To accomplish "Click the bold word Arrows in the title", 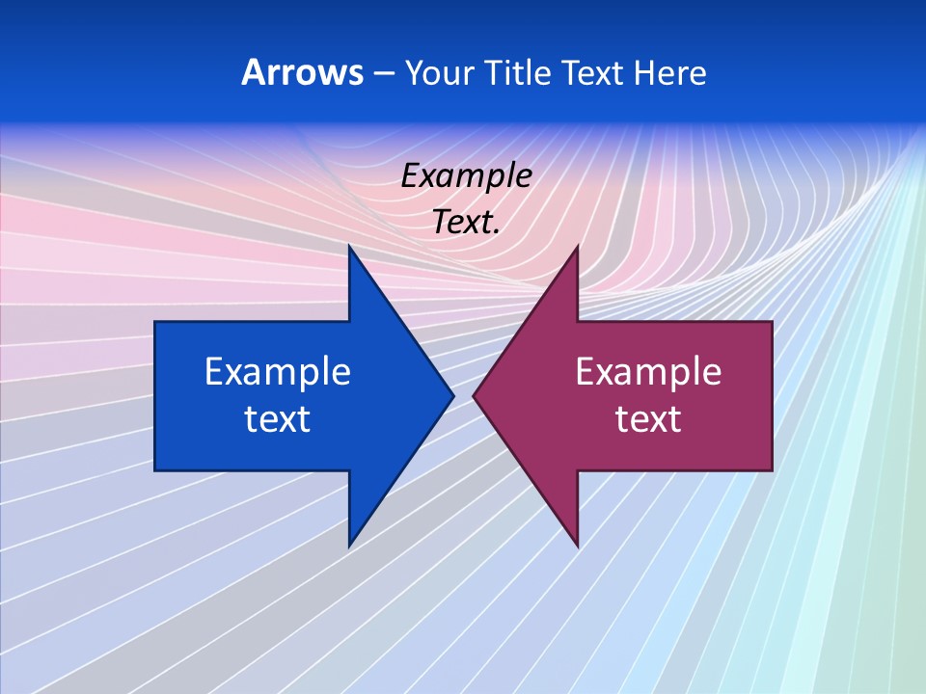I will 301,73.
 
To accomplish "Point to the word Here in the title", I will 670,73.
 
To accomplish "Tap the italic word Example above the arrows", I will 467,176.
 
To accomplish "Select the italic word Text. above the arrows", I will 467,223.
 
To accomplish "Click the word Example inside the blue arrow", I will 278,371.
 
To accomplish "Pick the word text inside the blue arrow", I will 278,419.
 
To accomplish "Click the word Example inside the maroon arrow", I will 648,371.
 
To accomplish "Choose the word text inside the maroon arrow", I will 648,419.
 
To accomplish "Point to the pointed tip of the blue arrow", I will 452,395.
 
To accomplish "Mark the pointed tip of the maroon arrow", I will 475,395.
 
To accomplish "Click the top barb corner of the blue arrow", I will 349,247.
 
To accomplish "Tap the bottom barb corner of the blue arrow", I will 349,545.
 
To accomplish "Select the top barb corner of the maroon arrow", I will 577,247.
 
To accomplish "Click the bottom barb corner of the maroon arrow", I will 577,545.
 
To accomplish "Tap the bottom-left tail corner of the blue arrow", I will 155,470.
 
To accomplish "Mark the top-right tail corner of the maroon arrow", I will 772,322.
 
